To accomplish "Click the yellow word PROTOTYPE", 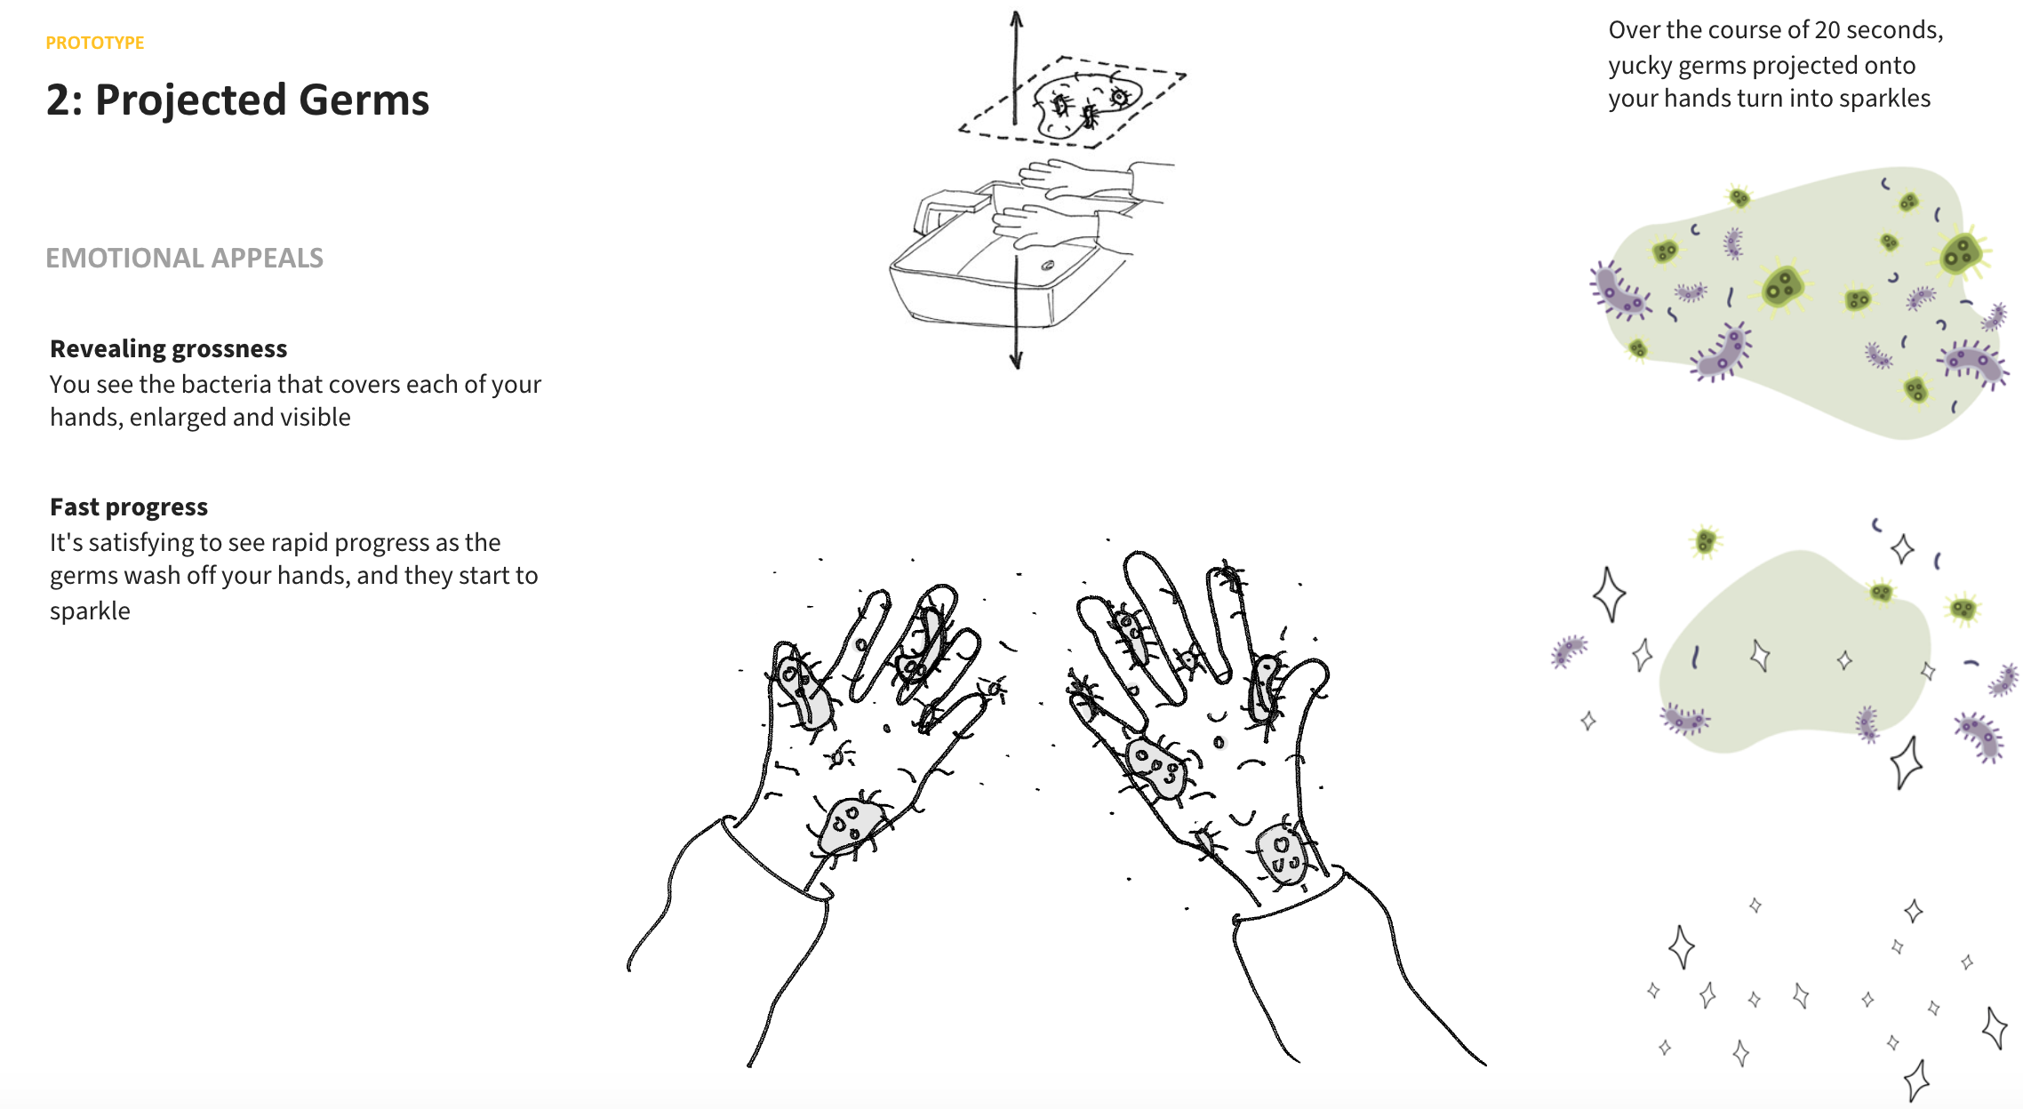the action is [95, 43].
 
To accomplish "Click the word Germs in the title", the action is [364, 100].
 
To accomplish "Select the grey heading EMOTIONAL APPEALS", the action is [184, 258].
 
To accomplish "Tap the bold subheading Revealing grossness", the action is [168, 348].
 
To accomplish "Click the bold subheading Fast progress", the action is [129, 507].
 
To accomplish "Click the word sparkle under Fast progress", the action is [90, 611].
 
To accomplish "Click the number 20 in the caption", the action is [1827, 30].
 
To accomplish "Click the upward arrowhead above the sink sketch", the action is [1017, 20].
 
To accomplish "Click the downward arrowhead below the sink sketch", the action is [1016, 360].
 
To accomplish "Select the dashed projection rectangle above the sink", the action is [1072, 100].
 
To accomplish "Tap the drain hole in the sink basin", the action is [1048, 265].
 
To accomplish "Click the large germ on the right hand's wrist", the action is [1283, 854].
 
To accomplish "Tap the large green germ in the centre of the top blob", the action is [1781, 286].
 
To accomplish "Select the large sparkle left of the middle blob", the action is [1609, 594].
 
